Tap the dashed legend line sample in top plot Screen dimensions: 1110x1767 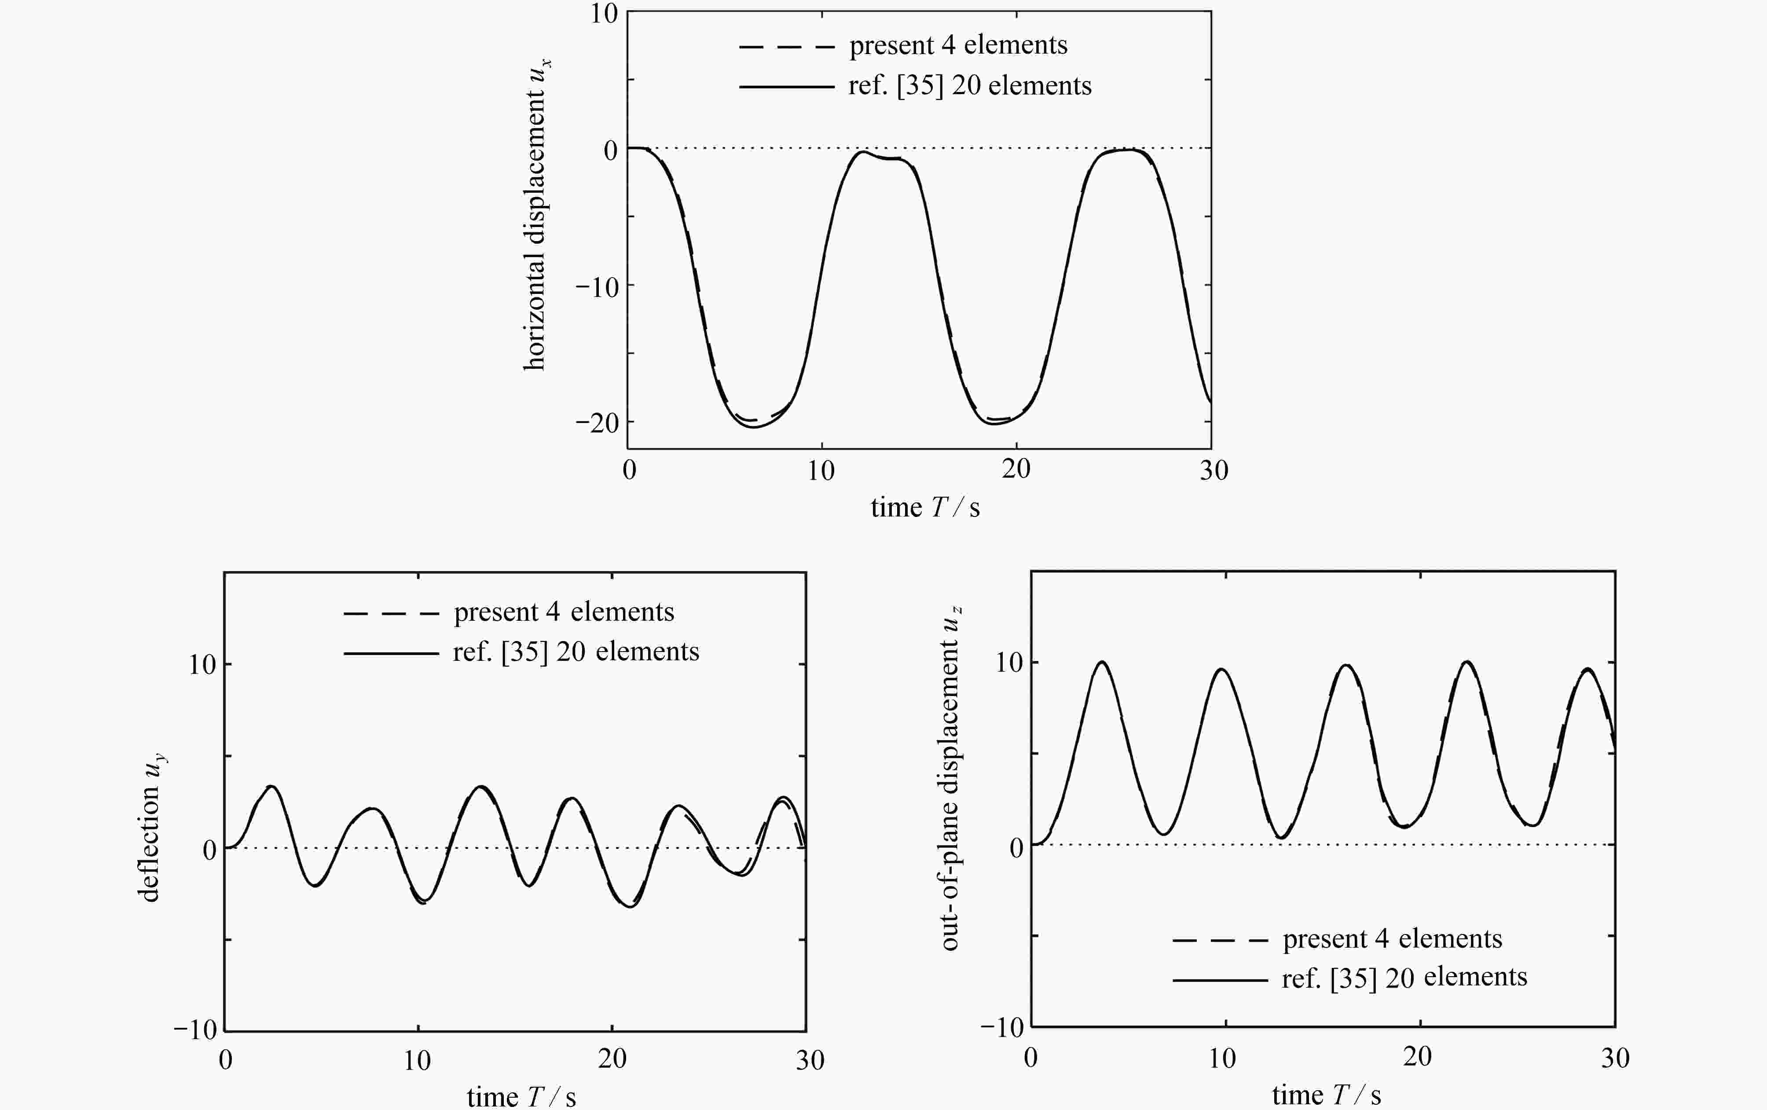pyautogui.click(x=787, y=47)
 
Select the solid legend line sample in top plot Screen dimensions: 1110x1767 pyautogui.click(x=787, y=87)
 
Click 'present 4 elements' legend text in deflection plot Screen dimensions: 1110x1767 pyautogui.click(x=564, y=612)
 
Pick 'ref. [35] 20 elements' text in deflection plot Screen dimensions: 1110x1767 pyautogui.click(x=576, y=652)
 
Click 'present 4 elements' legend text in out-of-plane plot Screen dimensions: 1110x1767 pyautogui.click(x=1392, y=939)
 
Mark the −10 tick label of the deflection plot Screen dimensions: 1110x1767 pyautogui.click(x=196, y=1030)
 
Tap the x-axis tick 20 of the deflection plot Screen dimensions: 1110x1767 pyautogui.click(x=612, y=1059)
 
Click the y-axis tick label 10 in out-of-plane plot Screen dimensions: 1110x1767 pyautogui.click(x=1009, y=663)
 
